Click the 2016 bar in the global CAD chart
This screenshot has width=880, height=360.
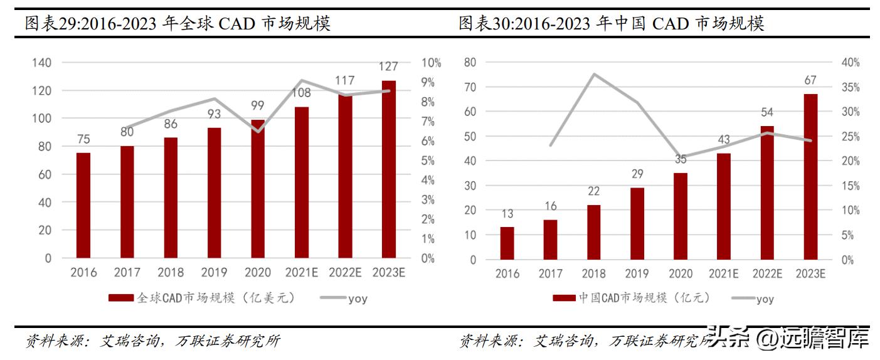83,205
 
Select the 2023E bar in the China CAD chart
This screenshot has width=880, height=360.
810,176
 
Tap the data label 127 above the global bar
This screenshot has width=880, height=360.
388,67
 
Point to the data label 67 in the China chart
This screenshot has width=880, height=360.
810,80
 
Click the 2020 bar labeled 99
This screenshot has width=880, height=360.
258,188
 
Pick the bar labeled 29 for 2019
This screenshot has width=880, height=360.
637,223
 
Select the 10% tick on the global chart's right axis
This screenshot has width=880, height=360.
431,63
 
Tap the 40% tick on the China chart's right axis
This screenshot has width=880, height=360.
851,63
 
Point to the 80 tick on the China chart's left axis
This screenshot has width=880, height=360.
470,62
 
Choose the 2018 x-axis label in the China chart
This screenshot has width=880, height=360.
593,274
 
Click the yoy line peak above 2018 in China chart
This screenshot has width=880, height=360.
593,74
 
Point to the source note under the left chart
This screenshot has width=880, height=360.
152,341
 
